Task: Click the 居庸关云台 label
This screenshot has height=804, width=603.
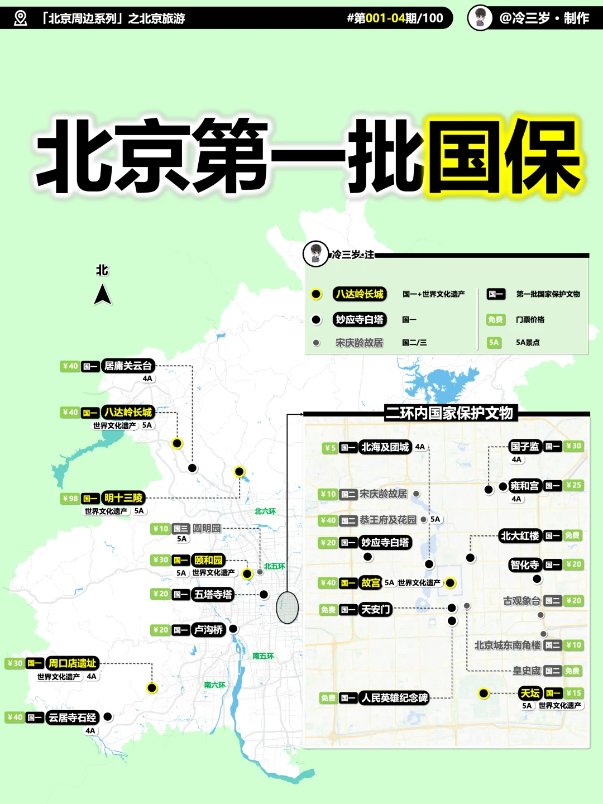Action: click(x=128, y=366)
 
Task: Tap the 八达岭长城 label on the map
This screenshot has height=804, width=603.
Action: click(x=128, y=413)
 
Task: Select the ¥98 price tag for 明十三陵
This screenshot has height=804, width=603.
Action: click(x=70, y=499)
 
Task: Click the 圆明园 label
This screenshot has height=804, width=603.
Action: click(x=207, y=528)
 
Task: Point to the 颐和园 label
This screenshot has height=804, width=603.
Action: click(x=208, y=560)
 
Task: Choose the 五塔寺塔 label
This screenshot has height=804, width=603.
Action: click(x=213, y=595)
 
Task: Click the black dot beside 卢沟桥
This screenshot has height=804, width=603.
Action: click(x=233, y=629)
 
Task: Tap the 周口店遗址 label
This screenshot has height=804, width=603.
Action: click(x=73, y=663)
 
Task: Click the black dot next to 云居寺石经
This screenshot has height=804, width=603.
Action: click(x=108, y=716)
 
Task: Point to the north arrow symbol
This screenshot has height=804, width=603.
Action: click(x=102, y=294)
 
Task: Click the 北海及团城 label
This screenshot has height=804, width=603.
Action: click(x=385, y=447)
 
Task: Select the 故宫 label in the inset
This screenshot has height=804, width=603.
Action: click(x=370, y=583)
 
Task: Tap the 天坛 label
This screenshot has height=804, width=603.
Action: click(x=530, y=693)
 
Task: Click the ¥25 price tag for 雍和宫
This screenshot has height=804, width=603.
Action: click(x=573, y=485)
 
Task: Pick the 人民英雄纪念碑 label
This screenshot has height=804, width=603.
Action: click(x=394, y=698)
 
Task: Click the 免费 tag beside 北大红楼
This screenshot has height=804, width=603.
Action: click(x=572, y=535)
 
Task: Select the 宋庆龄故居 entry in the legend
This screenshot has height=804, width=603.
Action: click(x=359, y=343)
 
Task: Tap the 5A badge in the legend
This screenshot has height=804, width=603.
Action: click(x=494, y=343)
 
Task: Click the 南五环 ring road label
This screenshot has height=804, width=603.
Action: click(x=263, y=656)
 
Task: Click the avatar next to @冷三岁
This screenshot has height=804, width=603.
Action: click(x=480, y=18)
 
